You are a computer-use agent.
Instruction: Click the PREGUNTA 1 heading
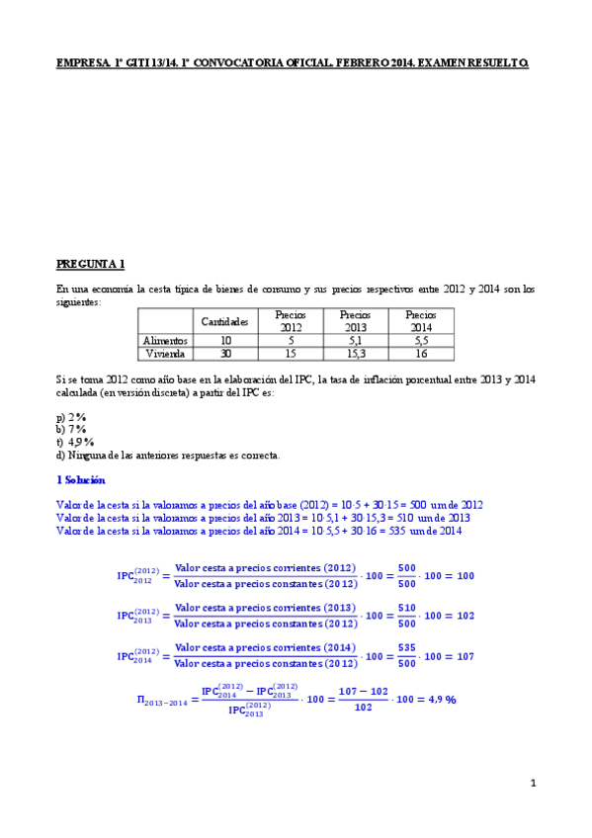pyautogui.click(x=90, y=264)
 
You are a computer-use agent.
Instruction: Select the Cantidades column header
pyautogui.click(x=224, y=321)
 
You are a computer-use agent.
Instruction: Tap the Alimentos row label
pyautogui.click(x=165, y=340)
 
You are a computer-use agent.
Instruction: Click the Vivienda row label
pyautogui.click(x=165, y=353)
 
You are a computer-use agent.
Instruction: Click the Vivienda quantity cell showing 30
pyautogui.click(x=224, y=353)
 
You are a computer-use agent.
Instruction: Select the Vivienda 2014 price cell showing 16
pyautogui.click(x=421, y=353)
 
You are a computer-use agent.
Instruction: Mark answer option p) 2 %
pyautogui.click(x=71, y=416)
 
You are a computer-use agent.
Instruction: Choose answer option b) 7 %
pyautogui.click(x=71, y=429)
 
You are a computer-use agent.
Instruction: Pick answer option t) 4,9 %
pyautogui.click(x=75, y=442)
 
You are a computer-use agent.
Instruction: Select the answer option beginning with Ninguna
pyautogui.click(x=168, y=455)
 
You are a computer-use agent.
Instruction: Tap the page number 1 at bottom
pyautogui.click(x=532, y=784)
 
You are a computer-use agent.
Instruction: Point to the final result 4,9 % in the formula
pyautogui.click(x=437, y=699)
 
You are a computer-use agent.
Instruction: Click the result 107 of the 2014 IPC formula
pyautogui.click(x=466, y=656)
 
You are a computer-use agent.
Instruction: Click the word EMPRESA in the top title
pyautogui.click(x=83, y=63)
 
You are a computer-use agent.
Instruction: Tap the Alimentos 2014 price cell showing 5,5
pyautogui.click(x=421, y=340)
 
